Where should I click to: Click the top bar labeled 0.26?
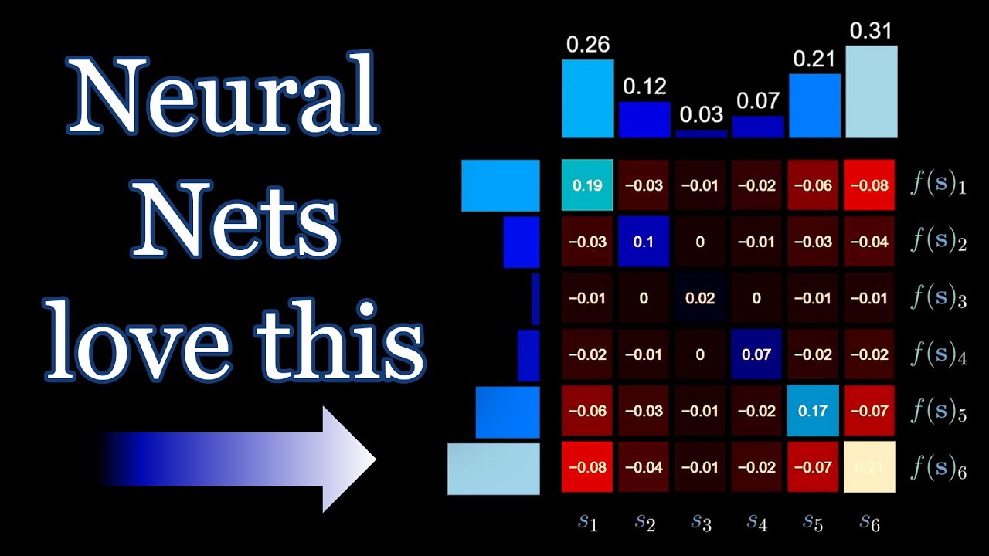587,98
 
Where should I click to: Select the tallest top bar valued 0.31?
872,91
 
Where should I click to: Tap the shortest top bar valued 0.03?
701,134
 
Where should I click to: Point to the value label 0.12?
644,86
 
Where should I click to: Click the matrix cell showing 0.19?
587,185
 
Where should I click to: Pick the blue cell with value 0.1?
644,242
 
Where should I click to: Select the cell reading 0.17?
813,411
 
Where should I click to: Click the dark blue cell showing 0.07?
756,354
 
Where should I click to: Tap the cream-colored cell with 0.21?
869,467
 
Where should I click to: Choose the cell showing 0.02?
700,298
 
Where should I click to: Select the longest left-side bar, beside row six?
494,468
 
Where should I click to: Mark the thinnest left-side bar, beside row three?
535,298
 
